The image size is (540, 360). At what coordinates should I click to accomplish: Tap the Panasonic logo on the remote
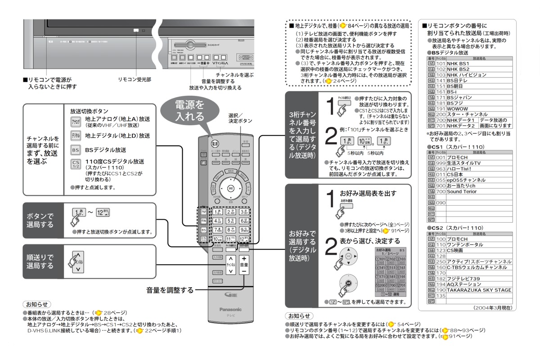tap(230, 309)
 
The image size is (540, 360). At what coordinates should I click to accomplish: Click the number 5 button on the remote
tap(231, 220)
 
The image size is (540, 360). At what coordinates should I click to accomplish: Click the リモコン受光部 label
tap(135, 79)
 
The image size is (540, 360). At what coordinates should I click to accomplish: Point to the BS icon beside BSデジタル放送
tap(76, 150)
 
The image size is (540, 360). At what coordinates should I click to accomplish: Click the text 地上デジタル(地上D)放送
tap(117, 135)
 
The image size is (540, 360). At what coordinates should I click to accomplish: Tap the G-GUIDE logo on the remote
tap(230, 295)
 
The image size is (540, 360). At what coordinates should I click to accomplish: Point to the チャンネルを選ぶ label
tap(234, 75)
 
